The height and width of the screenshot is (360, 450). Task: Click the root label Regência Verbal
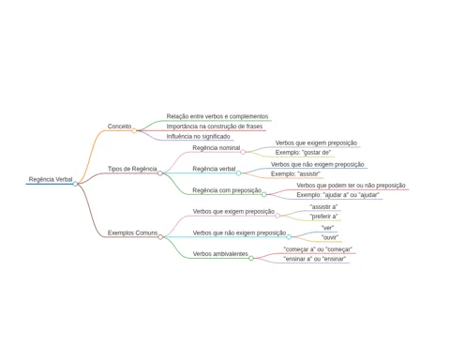click(51, 179)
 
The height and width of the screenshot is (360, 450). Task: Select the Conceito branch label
click(119, 127)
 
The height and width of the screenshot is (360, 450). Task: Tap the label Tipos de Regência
click(132, 169)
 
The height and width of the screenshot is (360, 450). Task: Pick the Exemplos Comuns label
click(132, 232)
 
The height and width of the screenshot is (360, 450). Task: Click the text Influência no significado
click(198, 137)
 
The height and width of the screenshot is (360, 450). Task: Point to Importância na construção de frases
click(215, 127)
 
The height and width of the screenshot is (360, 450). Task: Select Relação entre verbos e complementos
click(217, 116)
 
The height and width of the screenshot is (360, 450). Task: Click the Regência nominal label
click(217, 148)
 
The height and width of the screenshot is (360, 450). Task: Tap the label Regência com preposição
click(227, 190)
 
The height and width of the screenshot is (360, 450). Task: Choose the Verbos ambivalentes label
click(220, 254)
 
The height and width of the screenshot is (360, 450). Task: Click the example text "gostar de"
click(317, 153)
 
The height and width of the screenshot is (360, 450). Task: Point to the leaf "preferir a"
click(323, 217)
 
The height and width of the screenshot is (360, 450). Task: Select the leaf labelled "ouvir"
click(330, 237)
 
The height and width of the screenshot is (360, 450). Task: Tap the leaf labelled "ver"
click(327, 228)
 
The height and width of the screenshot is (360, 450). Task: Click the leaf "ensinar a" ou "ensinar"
click(315, 259)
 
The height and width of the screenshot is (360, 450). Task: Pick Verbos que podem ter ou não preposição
click(351, 186)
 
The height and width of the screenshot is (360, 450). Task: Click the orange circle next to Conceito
click(134, 130)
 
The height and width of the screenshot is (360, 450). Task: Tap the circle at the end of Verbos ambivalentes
click(251, 258)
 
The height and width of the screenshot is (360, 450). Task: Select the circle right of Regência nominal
click(243, 152)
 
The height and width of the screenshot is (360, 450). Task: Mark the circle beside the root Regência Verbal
click(75, 184)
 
